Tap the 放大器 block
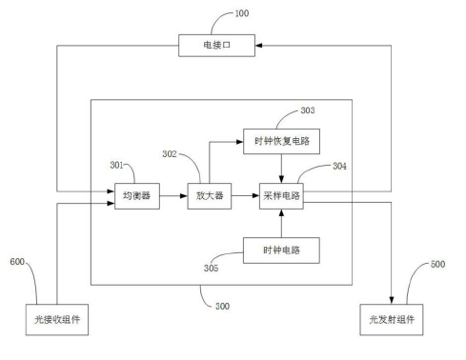[204, 196]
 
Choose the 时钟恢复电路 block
[281, 142]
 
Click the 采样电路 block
[281, 196]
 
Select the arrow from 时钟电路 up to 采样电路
[281, 225]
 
